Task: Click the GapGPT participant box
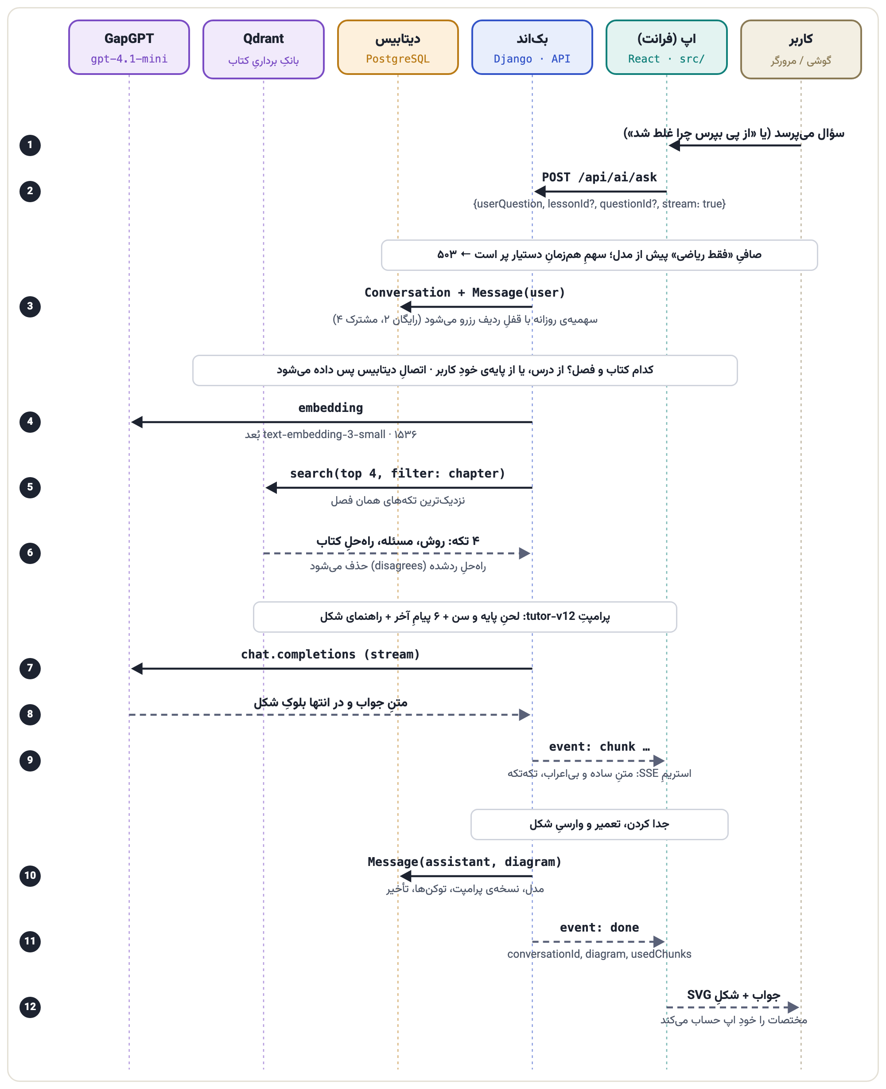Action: pos(129,47)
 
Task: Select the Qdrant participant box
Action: pos(263,50)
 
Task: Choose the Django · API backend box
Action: pos(532,47)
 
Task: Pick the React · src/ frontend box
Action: pos(667,47)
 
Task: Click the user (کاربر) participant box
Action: pos(801,50)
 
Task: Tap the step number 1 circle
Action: pos(30,145)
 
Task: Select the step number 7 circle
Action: pos(30,668)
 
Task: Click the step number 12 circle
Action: pos(30,1007)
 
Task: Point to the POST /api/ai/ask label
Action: pos(599,177)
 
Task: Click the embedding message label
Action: pos(331,407)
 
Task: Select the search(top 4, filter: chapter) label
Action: pos(397,474)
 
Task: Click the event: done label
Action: pos(599,928)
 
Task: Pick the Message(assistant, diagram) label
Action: pos(464,862)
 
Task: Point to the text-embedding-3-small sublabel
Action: pos(331,434)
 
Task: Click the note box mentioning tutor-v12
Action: pos(465,617)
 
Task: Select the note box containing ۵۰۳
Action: pos(599,255)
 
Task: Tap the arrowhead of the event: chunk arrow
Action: pos(659,760)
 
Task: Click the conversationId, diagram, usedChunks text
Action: pos(599,954)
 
